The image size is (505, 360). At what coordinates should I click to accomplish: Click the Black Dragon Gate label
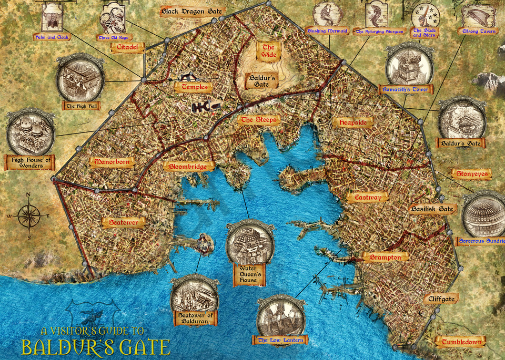[192, 11]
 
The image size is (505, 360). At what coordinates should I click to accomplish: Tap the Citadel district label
[127, 48]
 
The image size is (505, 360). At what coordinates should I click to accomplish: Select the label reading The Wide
[268, 50]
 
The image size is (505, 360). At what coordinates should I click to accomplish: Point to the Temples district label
[194, 87]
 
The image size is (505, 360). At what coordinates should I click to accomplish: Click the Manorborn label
[112, 162]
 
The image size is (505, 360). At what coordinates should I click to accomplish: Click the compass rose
[29, 216]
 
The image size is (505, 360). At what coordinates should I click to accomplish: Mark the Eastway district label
[367, 197]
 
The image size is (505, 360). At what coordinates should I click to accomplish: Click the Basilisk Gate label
[433, 209]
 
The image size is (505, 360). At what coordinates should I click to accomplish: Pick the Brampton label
[385, 257]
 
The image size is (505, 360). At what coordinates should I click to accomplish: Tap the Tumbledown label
[461, 342]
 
